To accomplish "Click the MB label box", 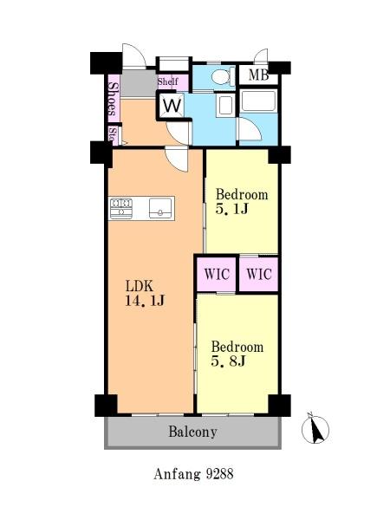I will tap(258, 75).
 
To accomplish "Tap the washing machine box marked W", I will tap(171, 106).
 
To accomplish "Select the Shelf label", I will tap(168, 82).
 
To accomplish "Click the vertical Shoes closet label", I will tap(113, 99).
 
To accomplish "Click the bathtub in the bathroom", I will tap(257, 103).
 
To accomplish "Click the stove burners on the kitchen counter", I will tap(120, 208).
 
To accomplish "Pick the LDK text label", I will tap(139, 285).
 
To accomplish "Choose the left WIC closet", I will tap(217, 274).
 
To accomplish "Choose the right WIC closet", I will tap(258, 274).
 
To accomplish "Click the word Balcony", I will tap(192, 431).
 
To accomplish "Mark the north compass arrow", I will tap(315, 428).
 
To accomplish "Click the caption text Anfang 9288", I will tap(192, 474).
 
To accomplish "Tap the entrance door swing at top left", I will tap(133, 56).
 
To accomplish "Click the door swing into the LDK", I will tap(177, 159).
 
